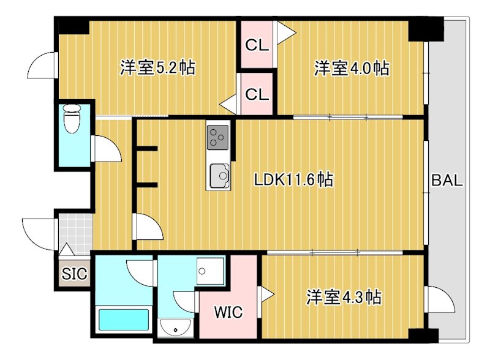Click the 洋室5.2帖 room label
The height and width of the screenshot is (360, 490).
(157, 67)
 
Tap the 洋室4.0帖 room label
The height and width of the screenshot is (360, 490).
(352, 67)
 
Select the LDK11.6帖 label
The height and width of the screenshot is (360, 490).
(294, 179)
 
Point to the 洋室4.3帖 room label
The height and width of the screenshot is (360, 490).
(344, 298)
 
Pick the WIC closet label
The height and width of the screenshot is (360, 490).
(228, 312)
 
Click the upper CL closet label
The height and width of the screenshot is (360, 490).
(257, 45)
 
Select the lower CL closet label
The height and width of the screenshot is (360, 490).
(257, 94)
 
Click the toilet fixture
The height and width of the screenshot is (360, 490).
(72, 119)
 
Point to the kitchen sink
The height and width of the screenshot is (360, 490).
(219, 176)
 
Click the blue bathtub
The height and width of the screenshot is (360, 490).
(124, 319)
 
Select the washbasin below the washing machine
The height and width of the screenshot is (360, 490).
(176, 327)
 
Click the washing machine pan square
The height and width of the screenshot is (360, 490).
(210, 271)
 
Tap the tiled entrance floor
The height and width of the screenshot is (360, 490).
(75, 233)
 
